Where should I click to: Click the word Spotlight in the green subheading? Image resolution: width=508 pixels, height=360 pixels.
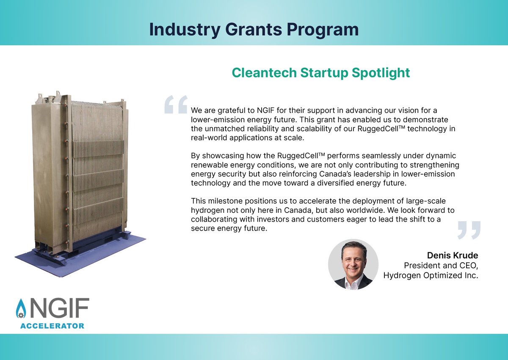381,72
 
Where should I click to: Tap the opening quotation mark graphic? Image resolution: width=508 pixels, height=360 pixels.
175,104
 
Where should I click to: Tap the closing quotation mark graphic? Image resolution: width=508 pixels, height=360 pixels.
469,229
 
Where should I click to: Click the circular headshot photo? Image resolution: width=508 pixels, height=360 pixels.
353,264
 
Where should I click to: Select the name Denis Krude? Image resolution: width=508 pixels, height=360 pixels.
453,256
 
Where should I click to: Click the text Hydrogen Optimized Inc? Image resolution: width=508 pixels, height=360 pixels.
431,276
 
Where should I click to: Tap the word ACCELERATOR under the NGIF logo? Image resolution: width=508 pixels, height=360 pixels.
52,326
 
